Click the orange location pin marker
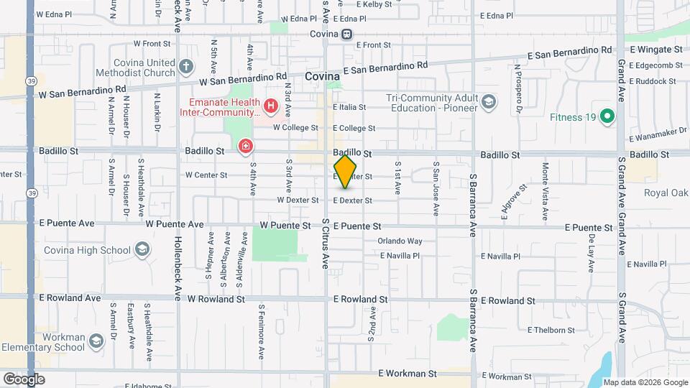[x=346, y=171]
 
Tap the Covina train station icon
[x=347, y=34]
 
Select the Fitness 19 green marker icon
[x=607, y=116]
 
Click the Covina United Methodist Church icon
[x=186, y=68]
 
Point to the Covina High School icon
[x=142, y=250]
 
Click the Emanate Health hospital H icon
[x=271, y=107]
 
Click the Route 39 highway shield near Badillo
[x=31, y=193]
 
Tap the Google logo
[x=24, y=379]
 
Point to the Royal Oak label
[x=666, y=193]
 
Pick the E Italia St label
[x=348, y=107]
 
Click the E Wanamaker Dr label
[x=658, y=135]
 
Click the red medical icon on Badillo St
[x=246, y=147]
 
